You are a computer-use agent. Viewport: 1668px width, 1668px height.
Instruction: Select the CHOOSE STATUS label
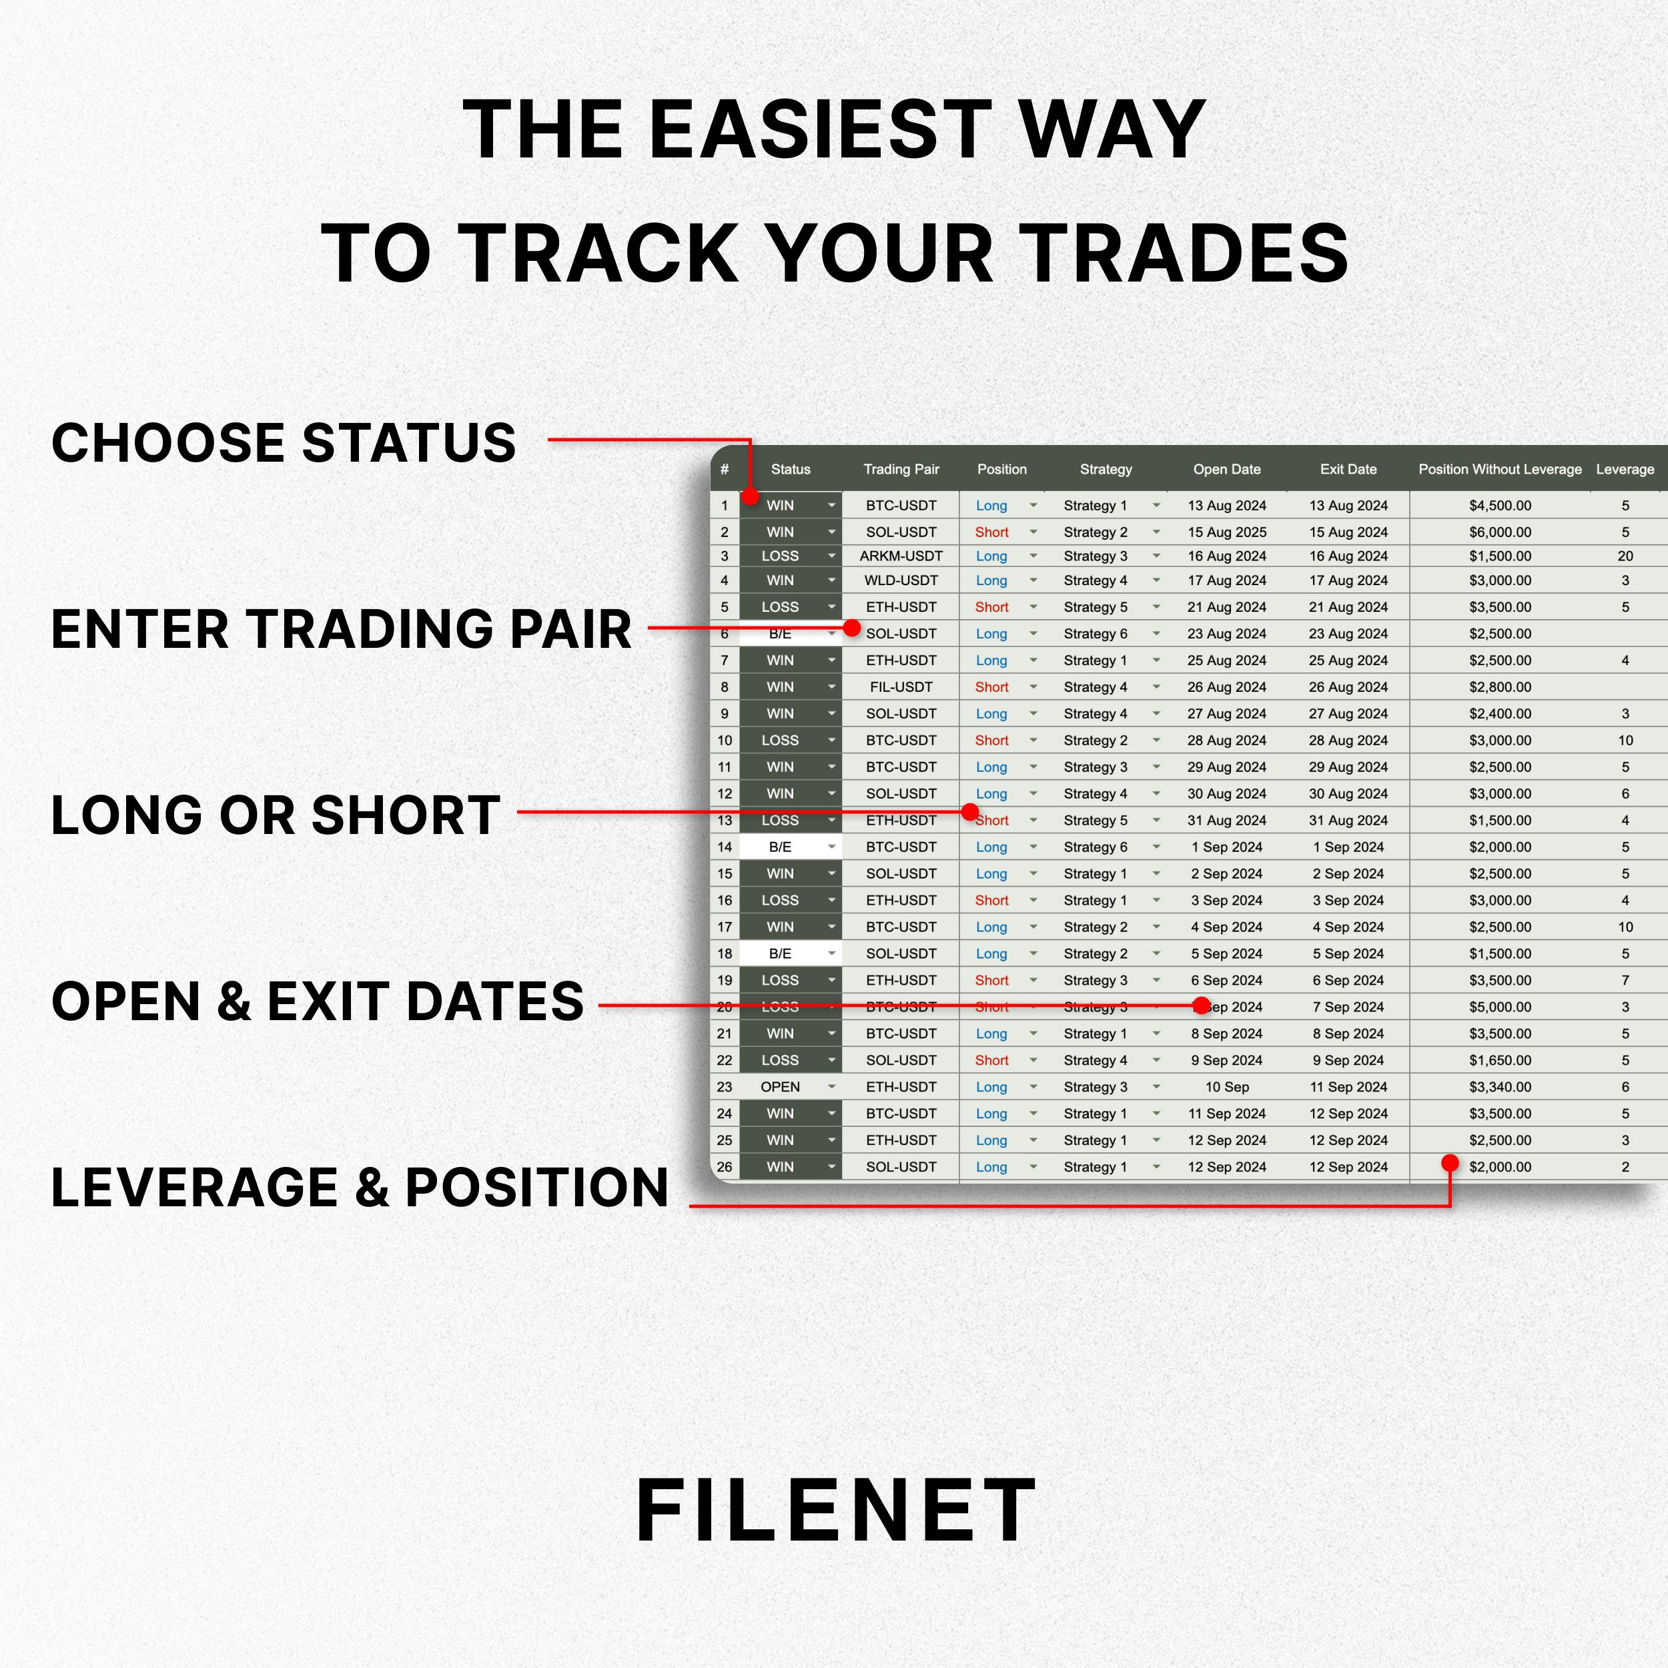click(x=283, y=442)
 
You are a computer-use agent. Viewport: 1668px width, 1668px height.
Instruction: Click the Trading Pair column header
click(x=901, y=469)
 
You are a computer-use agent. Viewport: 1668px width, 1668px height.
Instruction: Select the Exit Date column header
click(x=1348, y=469)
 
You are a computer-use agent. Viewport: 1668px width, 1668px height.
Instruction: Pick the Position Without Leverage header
click(x=1500, y=469)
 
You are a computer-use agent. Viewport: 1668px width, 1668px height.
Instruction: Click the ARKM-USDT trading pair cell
click(x=901, y=556)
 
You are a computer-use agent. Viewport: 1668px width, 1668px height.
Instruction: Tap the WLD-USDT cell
click(x=901, y=580)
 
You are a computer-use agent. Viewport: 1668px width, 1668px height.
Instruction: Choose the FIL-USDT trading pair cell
click(x=901, y=687)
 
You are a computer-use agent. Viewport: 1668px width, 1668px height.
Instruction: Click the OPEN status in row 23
click(x=779, y=1087)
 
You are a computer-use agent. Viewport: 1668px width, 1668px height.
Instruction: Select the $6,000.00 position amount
click(x=1500, y=532)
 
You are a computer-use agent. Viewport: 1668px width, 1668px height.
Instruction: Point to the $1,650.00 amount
click(x=1500, y=1060)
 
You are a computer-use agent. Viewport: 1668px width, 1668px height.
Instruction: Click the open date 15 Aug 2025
click(x=1226, y=532)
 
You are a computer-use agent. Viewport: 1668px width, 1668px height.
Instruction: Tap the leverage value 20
click(x=1625, y=556)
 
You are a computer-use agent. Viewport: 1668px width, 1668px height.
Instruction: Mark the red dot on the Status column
click(x=749, y=496)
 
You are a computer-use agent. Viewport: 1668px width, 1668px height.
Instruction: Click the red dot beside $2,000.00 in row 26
click(x=1450, y=1163)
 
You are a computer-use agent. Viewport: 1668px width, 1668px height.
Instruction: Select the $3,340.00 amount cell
click(x=1500, y=1087)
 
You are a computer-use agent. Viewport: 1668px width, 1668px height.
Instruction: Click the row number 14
click(x=725, y=847)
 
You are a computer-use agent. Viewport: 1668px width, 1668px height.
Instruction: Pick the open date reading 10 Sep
click(x=1226, y=1087)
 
